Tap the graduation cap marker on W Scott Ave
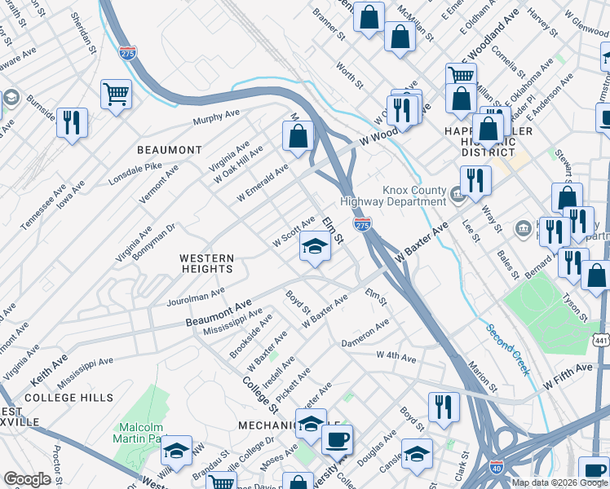pos(314,246)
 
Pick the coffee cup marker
pos(337,439)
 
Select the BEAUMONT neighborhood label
pos(169,150)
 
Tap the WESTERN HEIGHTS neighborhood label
pos(207,263)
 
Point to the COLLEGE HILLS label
pos(69,398)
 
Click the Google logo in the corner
pos(27,479)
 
